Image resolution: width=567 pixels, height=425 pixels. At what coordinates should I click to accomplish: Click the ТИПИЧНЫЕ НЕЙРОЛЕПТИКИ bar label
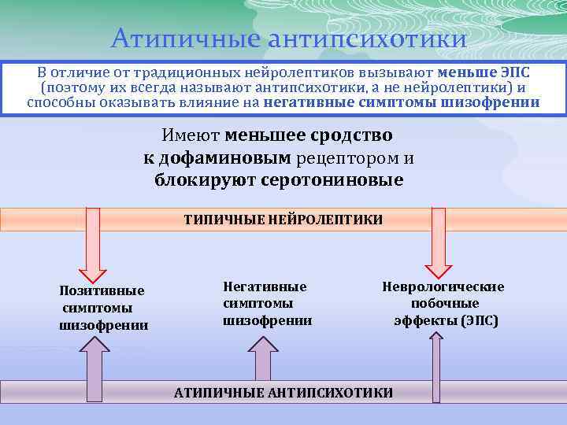pos(283,220)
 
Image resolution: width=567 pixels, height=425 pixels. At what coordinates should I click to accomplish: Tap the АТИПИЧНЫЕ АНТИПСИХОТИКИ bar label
pos(283,392)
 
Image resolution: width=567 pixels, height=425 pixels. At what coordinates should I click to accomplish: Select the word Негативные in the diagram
pos(265,286)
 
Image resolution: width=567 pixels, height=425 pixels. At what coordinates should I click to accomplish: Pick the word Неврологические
pos(443,286)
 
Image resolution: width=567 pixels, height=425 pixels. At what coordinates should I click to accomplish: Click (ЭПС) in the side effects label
pos(480,320)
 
